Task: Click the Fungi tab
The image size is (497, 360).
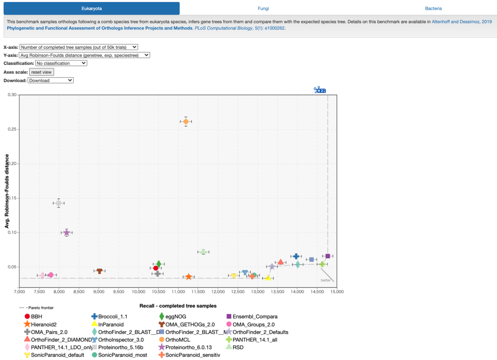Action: point(264,8)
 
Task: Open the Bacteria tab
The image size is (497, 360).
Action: point(433,8)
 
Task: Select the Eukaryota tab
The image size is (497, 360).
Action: point(92,8)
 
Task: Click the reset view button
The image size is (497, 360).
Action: point(41,72)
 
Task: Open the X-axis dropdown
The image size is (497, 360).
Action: point(79,47)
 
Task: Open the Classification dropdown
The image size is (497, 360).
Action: point(61,63)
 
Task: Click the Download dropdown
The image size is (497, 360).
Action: point(51,80)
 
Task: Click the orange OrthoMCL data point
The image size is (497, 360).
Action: point(186,121)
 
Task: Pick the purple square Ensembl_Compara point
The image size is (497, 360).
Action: point(328,256)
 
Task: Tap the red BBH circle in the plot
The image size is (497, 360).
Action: point(156,268)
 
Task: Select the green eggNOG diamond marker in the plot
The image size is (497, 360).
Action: point(159,264)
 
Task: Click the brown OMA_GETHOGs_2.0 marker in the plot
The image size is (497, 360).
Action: point(99,271)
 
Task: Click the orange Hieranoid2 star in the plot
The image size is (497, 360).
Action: point(188,277)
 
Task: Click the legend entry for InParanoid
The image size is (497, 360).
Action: point(111,324)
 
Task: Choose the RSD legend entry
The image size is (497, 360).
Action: point(238,347)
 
